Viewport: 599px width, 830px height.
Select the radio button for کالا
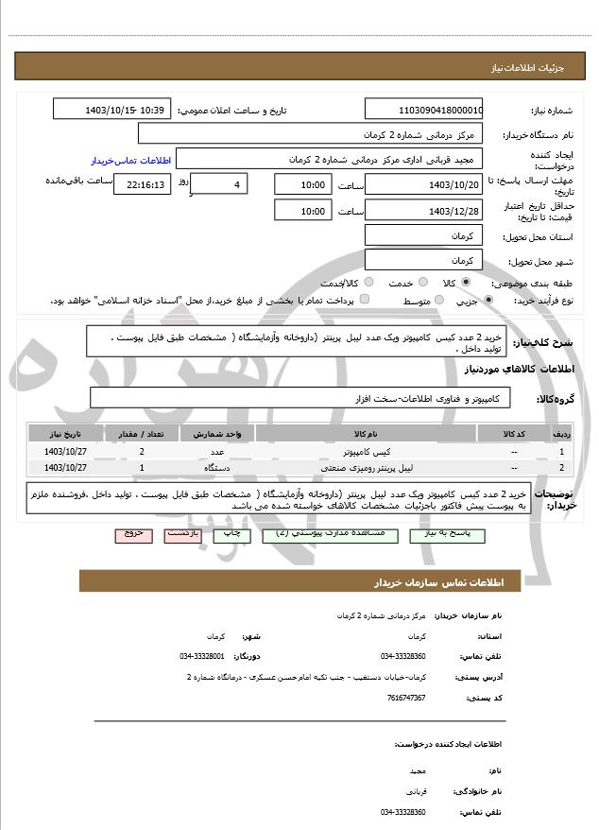click(466, 282)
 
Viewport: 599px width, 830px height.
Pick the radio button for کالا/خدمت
click(368, 282)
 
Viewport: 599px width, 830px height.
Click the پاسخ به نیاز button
click(447, 534)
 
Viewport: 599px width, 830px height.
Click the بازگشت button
click(181, 534)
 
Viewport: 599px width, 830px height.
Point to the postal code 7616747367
click(405, 698)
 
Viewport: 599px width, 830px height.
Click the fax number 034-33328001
click(202, 655)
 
